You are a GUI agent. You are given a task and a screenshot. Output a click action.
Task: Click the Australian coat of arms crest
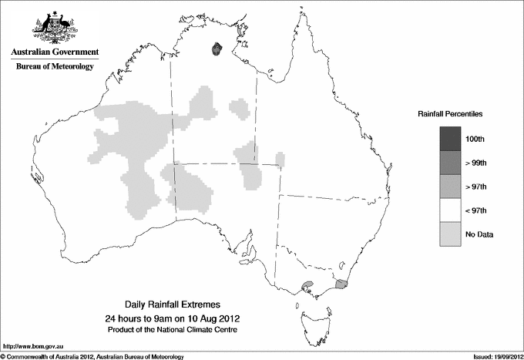point(54,28)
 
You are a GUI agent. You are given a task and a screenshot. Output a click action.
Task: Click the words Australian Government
point(54,52)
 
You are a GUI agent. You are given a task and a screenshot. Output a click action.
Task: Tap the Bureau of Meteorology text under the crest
point(54,67)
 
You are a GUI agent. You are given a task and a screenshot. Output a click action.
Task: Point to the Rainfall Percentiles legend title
point(450,114)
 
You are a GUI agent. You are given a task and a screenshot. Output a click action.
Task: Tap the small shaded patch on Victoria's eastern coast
point(342,284)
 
